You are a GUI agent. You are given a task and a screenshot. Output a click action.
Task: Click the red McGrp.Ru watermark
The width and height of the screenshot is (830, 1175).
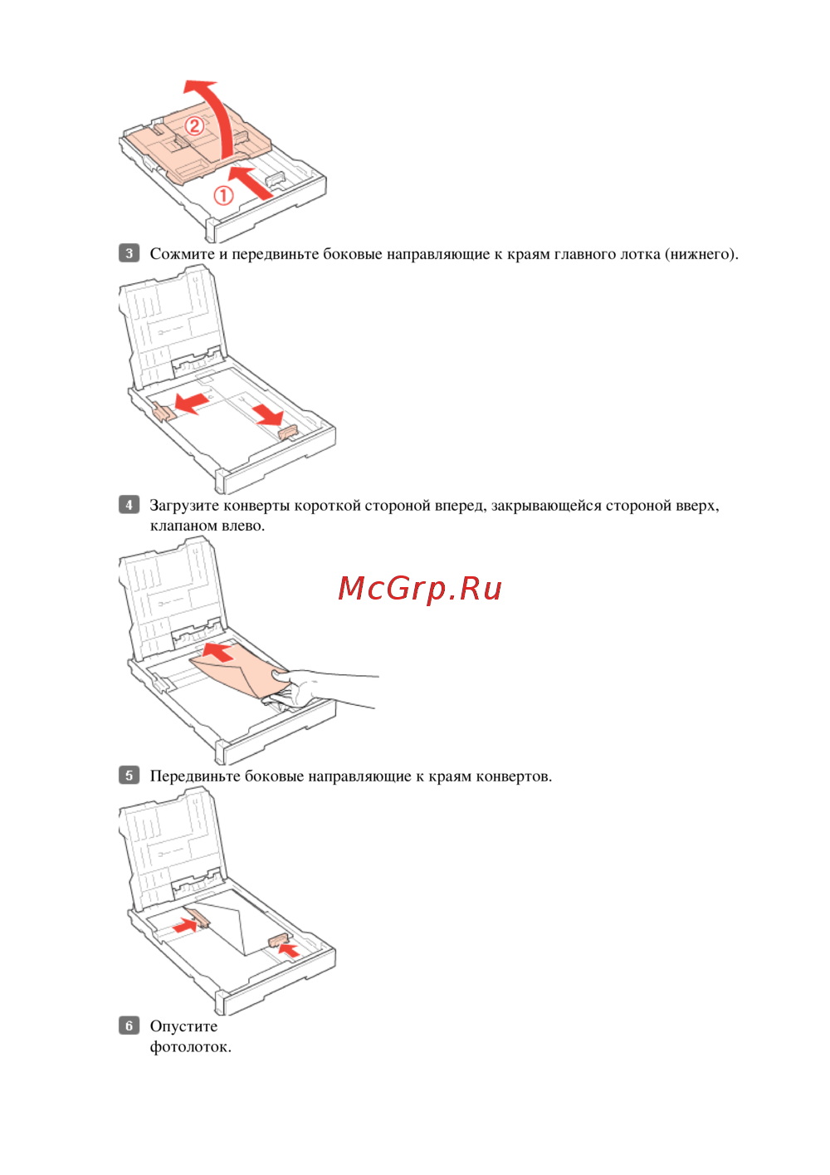point(419,589)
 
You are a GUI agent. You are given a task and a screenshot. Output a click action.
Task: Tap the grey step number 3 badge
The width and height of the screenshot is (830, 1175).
point(129,253)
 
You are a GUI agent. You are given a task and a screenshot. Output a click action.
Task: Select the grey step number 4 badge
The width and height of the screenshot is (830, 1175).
point(129,505)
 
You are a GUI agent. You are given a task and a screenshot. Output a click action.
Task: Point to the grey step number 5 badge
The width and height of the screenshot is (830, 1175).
point(129,776)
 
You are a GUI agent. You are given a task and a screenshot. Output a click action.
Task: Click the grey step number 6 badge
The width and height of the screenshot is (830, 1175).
point(129,1026)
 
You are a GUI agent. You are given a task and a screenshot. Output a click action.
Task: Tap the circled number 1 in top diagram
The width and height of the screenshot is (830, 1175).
point(222,196)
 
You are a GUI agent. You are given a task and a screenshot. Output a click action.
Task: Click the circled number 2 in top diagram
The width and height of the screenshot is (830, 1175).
point(194,126)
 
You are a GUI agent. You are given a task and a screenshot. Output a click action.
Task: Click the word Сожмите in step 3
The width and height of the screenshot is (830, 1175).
point(182,254)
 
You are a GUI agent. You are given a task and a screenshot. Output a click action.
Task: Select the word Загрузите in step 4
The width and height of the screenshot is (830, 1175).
point(184,506)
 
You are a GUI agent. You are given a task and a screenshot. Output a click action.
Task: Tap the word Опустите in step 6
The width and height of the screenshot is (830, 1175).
point(183,1026)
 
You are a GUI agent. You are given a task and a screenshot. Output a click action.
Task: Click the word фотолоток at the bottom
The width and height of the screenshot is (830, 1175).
point(190,1047)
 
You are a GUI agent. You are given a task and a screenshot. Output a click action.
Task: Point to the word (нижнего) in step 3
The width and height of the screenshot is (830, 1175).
point(701,254)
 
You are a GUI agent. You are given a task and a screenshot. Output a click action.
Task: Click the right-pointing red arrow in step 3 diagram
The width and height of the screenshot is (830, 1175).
point(267,414)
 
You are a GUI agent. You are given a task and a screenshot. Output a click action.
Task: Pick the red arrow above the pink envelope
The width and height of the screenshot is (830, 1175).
point(218,652)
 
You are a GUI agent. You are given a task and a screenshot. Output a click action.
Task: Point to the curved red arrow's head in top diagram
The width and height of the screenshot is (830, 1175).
point(201,88)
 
